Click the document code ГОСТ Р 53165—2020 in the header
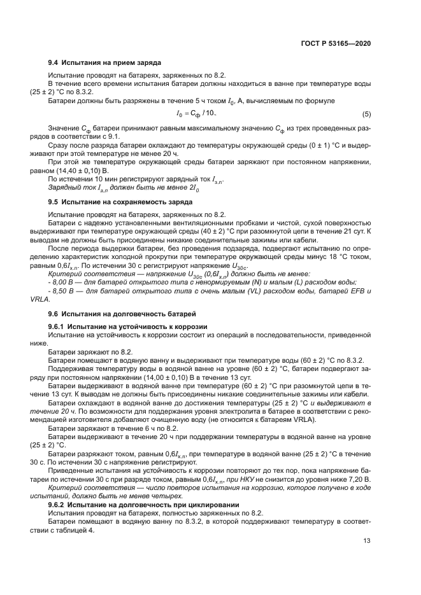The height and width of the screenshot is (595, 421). tap(335, 43)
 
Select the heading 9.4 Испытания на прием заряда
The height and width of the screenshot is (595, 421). tap(104, 64)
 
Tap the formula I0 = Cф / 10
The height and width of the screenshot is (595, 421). tap(197, 113)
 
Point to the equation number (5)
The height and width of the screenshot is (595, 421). tap(366, 114)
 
